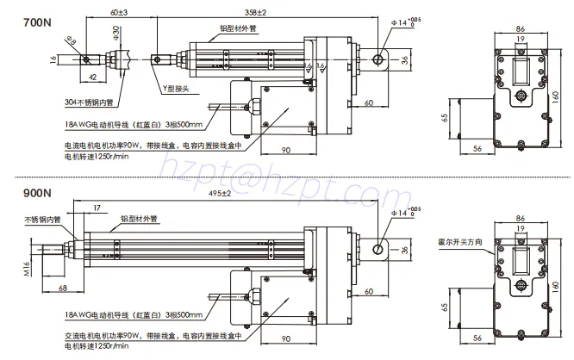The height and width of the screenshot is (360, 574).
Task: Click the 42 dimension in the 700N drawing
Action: click(x=91, y=75)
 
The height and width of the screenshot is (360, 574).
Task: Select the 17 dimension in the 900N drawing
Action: click(x=96, y=208)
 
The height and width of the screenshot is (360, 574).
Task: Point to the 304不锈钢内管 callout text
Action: click(x=90, y=102)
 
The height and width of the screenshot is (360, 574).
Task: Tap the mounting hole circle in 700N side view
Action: click(x=377, y=59)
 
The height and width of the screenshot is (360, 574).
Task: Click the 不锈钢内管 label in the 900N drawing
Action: click(x=43, y=220)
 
